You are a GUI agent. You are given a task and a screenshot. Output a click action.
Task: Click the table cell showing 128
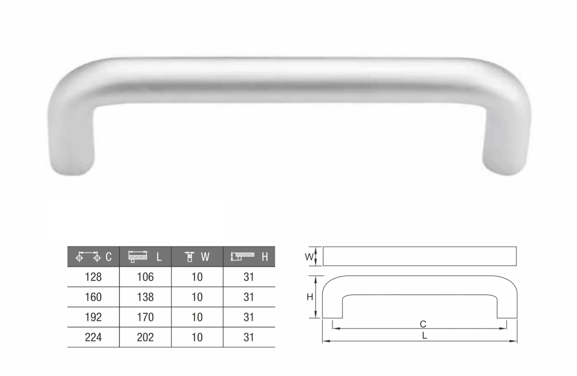click(x=93, y=277)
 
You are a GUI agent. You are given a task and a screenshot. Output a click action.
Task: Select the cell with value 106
click(x=145, y=277)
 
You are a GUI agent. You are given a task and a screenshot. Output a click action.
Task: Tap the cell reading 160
click(x=93, y=297)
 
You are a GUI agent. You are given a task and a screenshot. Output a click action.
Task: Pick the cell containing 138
click(x=145, y=297)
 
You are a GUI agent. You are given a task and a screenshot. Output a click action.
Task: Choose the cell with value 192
click(x=93, y=317)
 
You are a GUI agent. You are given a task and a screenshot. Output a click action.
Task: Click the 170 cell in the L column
click(x=145, y=317)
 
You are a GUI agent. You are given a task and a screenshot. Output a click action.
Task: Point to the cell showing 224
click(x=93, y=337)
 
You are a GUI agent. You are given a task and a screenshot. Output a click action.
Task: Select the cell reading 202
click(x=145, y=337)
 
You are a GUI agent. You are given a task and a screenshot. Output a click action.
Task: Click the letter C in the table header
click(x=109, y=257)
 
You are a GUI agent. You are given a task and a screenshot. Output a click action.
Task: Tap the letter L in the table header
click(x=159, y=257)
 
